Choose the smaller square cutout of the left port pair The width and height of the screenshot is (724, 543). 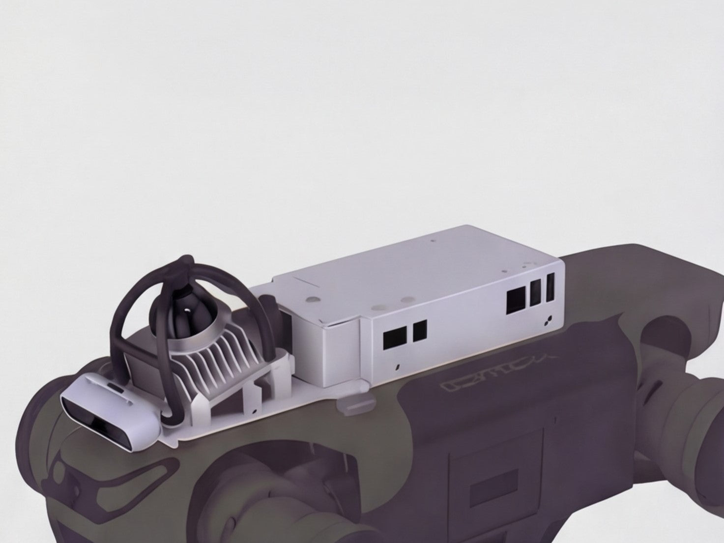(x=420, y=331)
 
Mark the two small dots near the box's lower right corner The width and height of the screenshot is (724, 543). (x=549, y=320)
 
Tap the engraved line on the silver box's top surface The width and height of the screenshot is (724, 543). (x=307, y=282)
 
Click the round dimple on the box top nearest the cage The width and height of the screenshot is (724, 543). (x=312, y=298)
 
